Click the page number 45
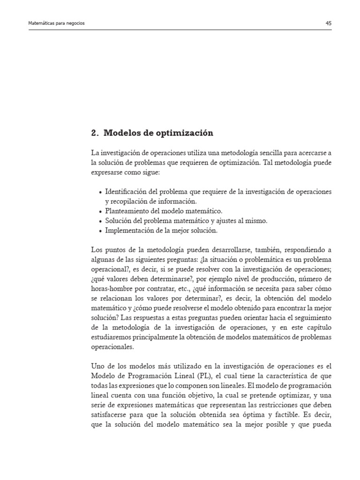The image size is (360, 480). [x=328, y=22]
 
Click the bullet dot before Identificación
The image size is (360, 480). [x=101, y=193]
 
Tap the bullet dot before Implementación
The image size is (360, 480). [x=101, y=231]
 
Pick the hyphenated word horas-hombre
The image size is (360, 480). [x=112, y=291]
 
